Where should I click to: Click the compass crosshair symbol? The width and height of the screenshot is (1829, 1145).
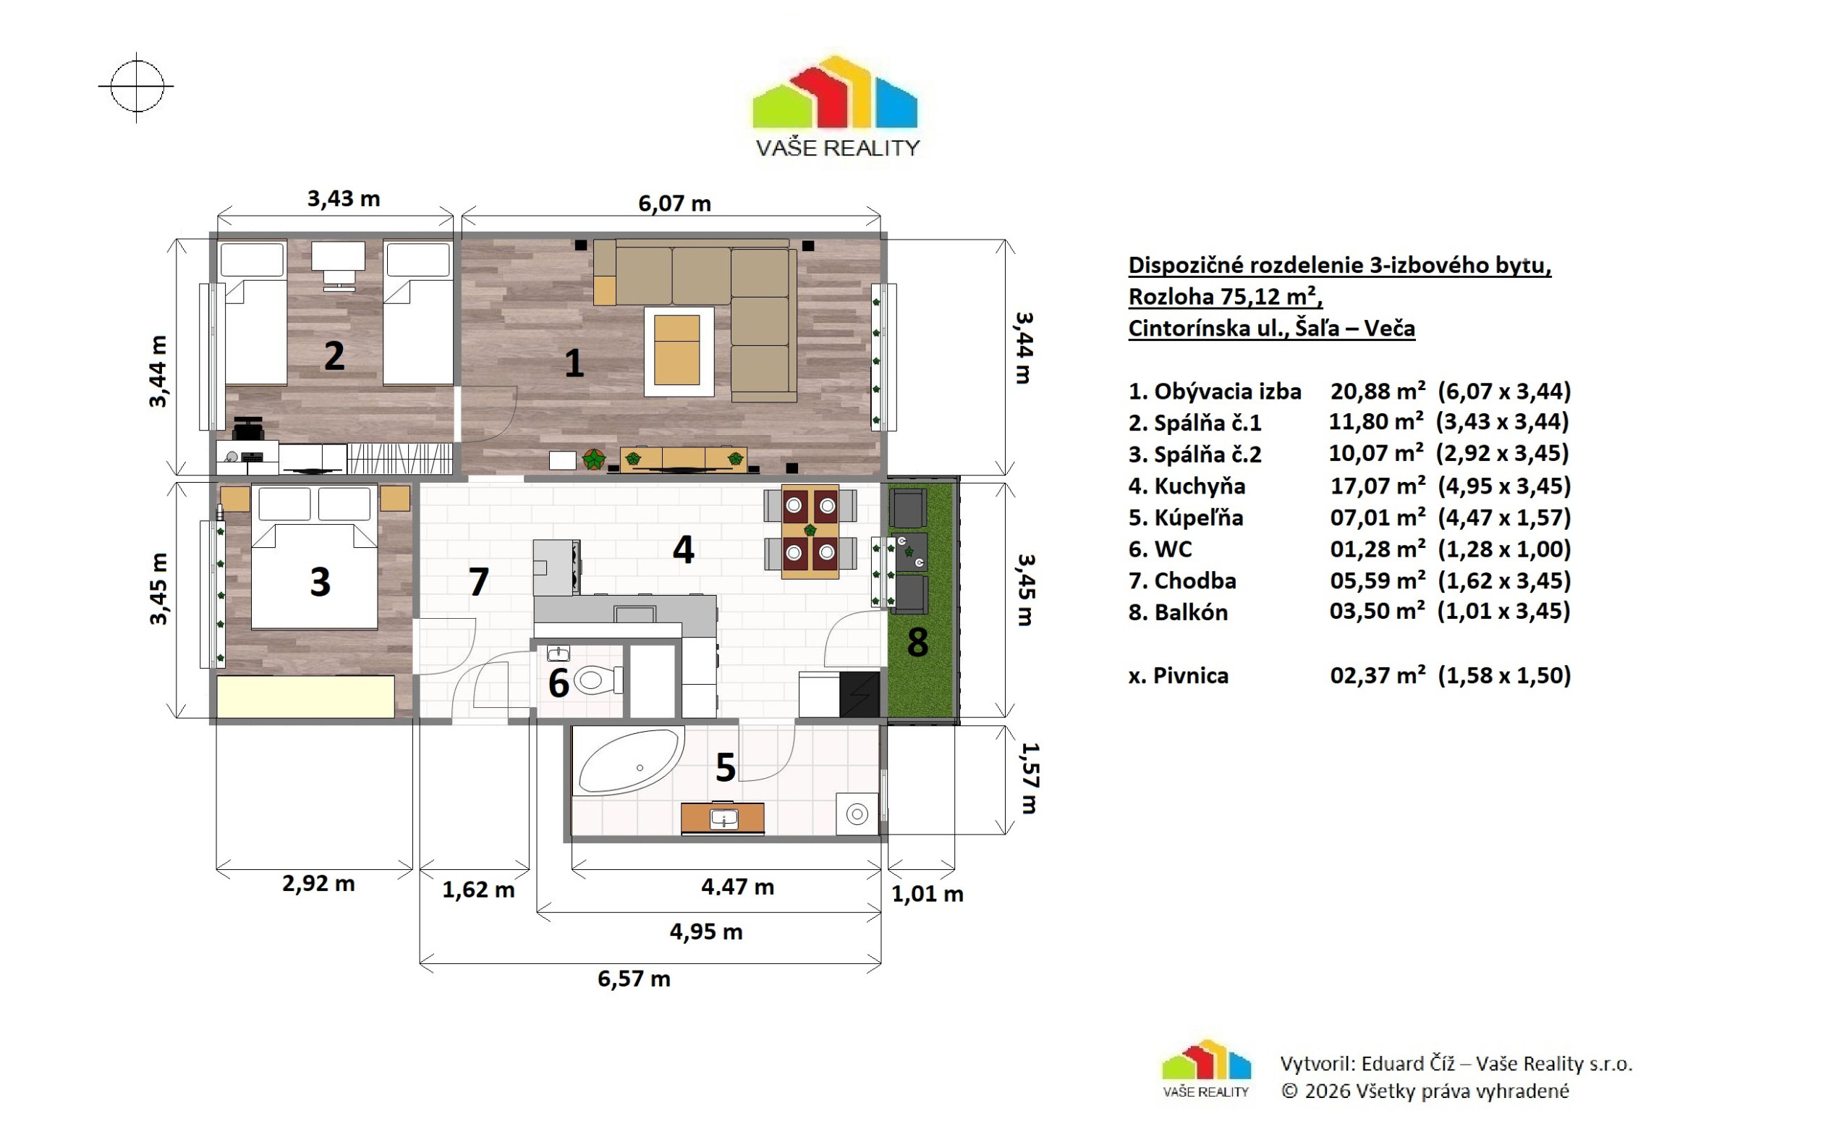tap(136, 86)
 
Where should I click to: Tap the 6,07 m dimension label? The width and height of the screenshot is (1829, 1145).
tap(674, 203)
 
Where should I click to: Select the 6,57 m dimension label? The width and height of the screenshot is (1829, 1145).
tap(634, 979)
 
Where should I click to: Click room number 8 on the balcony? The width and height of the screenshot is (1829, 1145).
tap(917, 642)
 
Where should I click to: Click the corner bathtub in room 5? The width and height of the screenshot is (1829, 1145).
tap(628, 761)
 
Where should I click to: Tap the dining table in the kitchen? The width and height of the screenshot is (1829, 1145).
tap(810, 531)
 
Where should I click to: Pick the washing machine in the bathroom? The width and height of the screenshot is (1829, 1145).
tap(857, 814)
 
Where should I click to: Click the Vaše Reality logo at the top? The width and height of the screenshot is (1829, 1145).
tap(836, 106)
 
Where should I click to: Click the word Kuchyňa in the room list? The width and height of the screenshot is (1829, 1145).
tap(1199, 486)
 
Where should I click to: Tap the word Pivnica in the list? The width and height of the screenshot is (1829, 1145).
tap(1191, 675)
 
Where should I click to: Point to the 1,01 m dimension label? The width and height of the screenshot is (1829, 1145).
tap(928, 894)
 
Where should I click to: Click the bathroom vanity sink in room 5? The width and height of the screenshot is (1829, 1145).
tap(723, 819)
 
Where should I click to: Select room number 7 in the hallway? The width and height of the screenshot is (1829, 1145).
tap(478, 582)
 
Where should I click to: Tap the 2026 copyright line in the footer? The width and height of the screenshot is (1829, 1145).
tap(1425, 1091)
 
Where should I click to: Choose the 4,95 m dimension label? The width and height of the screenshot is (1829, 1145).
tap(705, 931)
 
